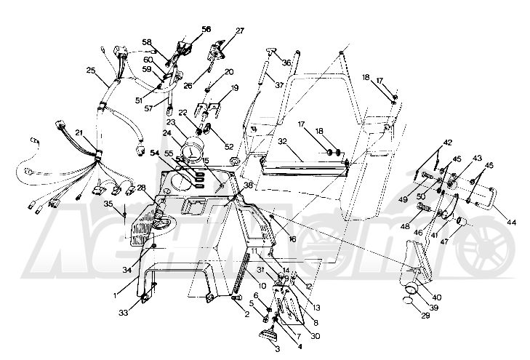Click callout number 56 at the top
[206, 29]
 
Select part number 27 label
[241, 31]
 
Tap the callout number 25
[91, 71]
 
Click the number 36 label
[286, 63]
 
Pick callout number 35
[109, 205]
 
